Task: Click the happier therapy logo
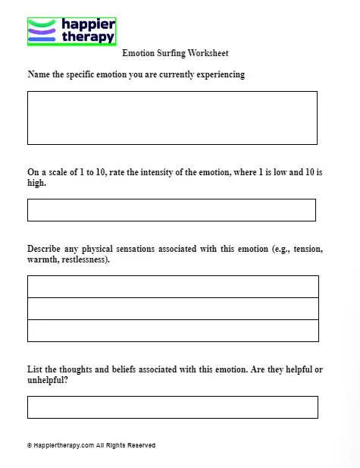71,31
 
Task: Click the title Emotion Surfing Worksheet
175,54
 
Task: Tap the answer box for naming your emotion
172,118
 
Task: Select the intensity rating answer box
171,210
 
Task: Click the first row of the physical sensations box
173,287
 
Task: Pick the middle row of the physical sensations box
173,309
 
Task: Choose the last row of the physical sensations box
173,331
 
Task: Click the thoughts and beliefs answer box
172,407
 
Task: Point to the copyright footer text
91,445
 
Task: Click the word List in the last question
35,369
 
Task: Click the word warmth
42,259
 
